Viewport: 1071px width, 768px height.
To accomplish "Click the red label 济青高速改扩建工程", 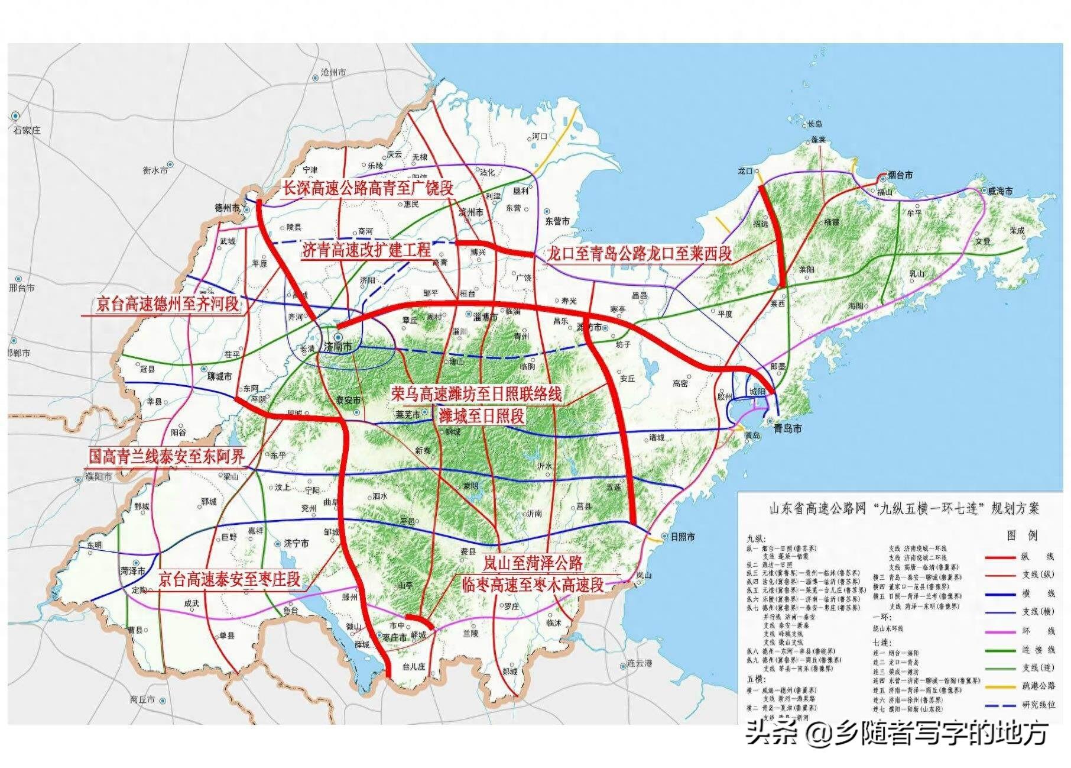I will (366, 250).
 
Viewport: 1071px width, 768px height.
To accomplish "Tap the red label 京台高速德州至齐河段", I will (167, 304).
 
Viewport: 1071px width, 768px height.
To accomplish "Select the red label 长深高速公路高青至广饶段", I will (367, 188).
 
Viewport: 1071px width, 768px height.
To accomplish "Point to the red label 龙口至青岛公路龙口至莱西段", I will (639, 253).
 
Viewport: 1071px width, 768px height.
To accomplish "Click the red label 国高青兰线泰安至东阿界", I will (166, 456).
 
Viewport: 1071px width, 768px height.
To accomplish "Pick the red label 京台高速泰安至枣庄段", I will (230, 579).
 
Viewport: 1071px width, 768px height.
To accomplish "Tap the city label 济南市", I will (337, 347).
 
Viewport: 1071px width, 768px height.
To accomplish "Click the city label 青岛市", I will (788, 428).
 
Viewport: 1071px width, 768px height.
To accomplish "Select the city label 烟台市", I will (900, 175).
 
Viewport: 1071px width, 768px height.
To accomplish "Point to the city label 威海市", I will (999, 191).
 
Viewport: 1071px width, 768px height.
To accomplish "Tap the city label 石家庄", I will (27, 130).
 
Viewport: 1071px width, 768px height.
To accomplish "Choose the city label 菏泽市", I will (132, 571).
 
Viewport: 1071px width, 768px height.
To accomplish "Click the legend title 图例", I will (1022, 535).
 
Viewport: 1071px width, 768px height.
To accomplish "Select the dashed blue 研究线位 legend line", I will (1001, 705).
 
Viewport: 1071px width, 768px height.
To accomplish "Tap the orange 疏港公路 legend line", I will (1001, 686).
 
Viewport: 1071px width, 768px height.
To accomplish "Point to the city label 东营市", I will (557, 221).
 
